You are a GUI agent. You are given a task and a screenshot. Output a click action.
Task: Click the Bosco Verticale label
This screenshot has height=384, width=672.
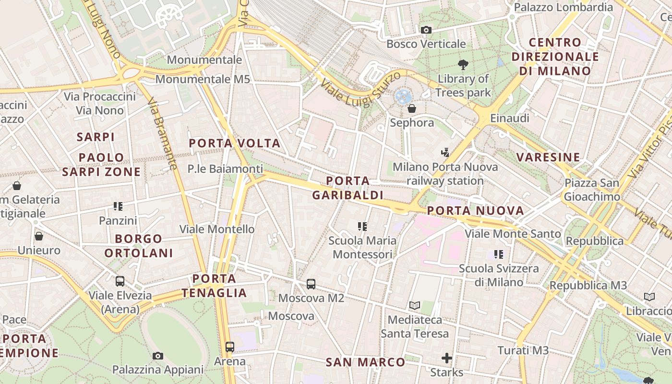click(426, 44)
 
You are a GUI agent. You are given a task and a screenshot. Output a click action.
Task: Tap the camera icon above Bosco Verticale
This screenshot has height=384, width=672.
click(426, 30)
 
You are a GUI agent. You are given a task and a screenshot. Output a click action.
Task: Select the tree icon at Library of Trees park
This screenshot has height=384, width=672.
click(463, 64)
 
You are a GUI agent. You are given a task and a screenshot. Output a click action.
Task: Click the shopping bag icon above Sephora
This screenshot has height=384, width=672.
click(411, 108)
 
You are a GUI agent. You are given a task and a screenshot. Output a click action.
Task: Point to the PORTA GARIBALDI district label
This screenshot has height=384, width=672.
click(348, 188)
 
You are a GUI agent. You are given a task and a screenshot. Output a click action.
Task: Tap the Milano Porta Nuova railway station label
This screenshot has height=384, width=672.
click(445, 174)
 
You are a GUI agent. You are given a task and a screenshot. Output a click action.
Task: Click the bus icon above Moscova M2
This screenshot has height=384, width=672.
click(311, 284)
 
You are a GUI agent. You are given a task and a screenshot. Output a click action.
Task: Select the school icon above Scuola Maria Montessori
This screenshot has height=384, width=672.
click(362, 226)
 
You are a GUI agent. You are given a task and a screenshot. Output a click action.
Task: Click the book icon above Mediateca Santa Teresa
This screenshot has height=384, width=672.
click(415, 305)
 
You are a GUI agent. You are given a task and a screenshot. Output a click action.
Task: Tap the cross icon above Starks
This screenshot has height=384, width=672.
click(447, 358)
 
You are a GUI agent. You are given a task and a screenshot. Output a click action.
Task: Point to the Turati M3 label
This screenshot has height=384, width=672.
click(523, 350)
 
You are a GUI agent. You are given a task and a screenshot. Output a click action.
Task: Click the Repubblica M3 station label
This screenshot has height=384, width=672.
click(588, 285)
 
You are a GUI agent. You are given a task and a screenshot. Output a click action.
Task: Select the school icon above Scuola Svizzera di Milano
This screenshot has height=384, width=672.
click(499, 254)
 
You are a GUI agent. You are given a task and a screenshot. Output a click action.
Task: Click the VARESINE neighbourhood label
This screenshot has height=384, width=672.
click(548, 157)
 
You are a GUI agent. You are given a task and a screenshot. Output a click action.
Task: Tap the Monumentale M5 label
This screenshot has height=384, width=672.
click(203, 79)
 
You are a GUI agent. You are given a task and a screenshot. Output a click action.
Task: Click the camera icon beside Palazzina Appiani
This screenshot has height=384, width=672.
click(157, 356)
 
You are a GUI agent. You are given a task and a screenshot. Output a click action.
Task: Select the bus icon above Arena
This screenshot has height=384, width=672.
click(229, 347)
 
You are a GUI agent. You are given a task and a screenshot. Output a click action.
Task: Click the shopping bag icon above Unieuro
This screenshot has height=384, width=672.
click(39, 236)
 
